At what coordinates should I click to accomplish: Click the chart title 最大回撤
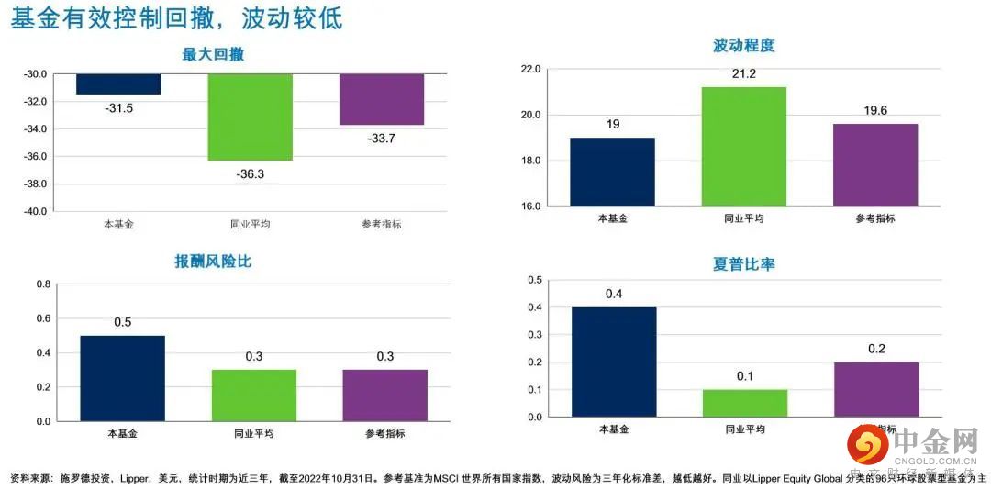tap(214, 55)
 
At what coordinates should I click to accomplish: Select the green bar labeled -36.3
tap(250, 117)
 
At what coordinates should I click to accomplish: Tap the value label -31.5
tap(118, 108)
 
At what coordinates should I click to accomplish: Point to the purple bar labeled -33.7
tap(382, 99)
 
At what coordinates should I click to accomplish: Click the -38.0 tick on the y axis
tap(35, 184)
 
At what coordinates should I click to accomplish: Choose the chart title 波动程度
tap(743, 46)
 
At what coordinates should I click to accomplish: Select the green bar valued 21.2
tap(744, 146)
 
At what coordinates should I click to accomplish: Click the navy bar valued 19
tap(612, 172)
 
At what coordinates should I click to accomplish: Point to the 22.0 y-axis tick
tap(530, 69)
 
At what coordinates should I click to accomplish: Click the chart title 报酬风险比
tap(213, 262)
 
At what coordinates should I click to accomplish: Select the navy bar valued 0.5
tap(122, 378)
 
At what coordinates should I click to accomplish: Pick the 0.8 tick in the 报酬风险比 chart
tap(43, 284)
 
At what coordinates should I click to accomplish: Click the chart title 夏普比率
tap(743, 264)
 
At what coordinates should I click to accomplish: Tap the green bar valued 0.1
tap(744, 404)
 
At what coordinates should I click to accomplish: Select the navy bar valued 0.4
tap(614, 362)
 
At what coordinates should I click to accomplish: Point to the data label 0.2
tap(877, 349)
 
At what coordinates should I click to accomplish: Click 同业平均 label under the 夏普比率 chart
tap(744, 429)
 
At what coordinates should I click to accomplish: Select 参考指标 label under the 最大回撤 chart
tap(382, 224)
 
